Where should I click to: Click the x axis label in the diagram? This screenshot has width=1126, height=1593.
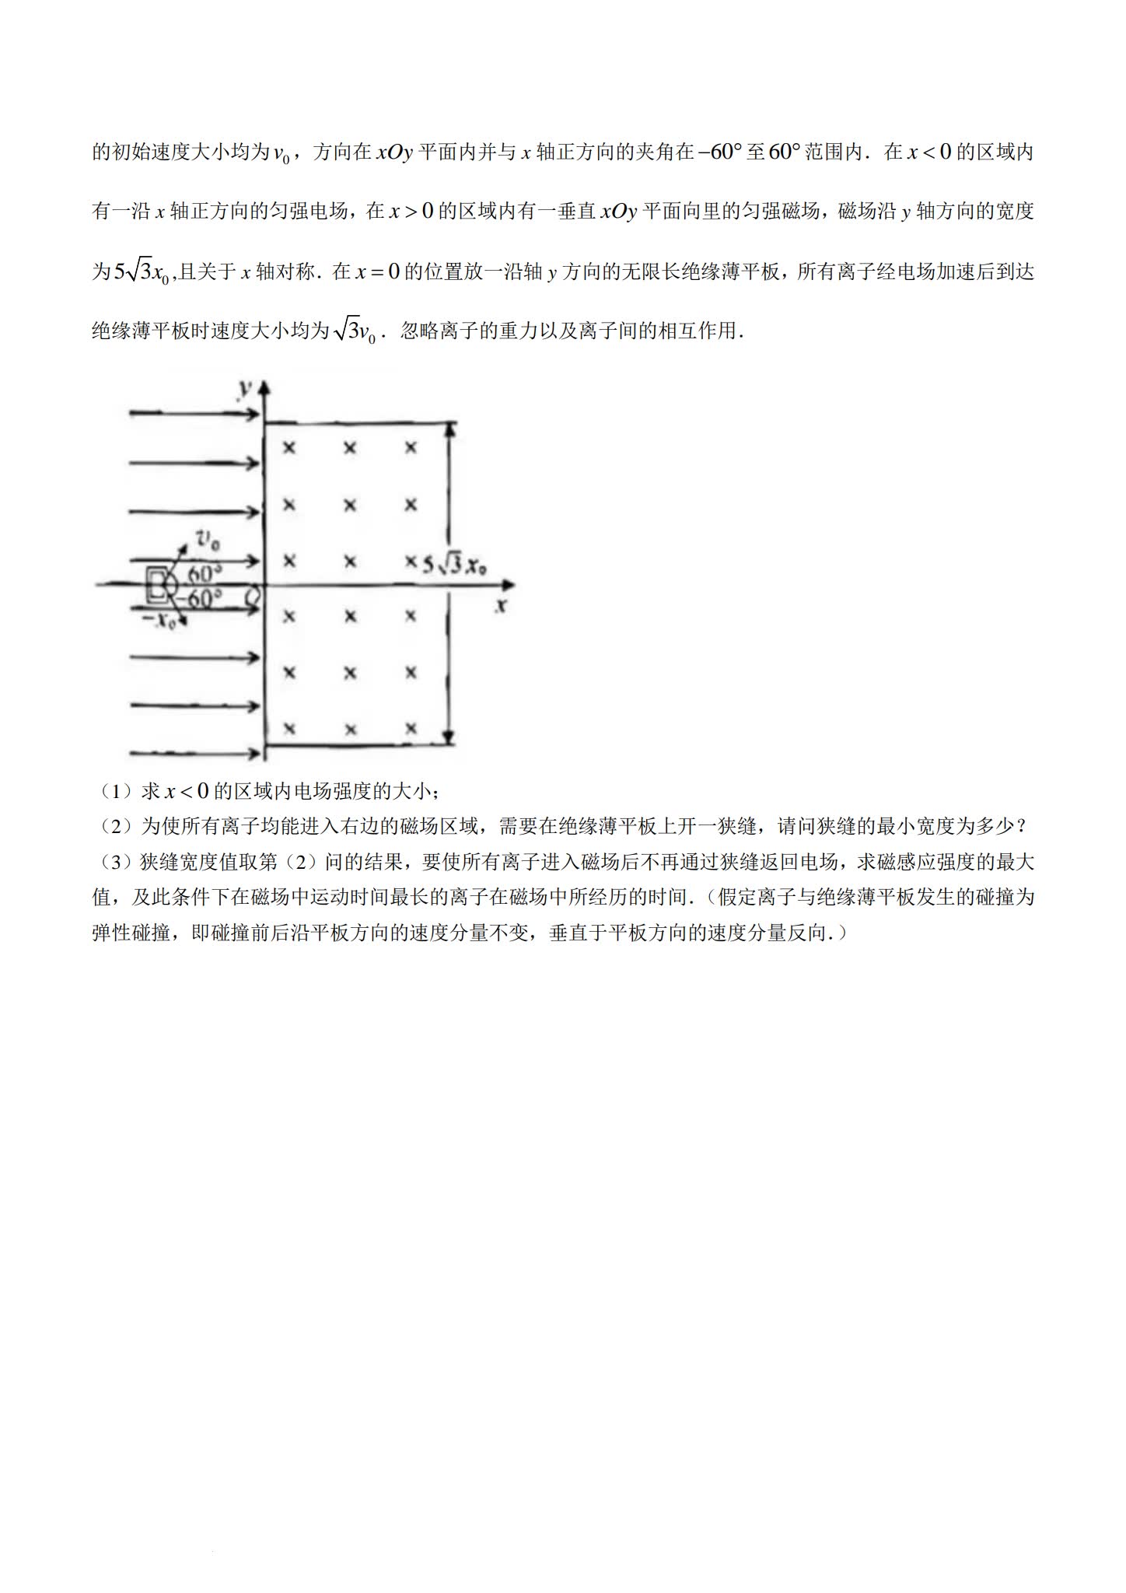pyautogui.click(x=502, y=606)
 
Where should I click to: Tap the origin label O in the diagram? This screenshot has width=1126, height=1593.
pyautogui.click(x=252, y=597)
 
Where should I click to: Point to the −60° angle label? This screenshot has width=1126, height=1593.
pyautogui.click(x=198, y=599)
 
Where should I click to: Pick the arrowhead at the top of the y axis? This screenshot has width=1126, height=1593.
pyautogui.click(x=266, y=387)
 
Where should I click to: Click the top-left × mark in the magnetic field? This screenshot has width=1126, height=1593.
pyautogui.click(x=289, y=448)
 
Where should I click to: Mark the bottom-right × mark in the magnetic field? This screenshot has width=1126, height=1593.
pyautogui.click(x=411, y=729)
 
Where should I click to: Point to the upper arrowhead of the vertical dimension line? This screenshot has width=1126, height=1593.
pyautogui.click(x=449, y=428)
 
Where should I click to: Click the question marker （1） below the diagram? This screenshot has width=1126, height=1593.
pyautogui.click(x=115, y=792)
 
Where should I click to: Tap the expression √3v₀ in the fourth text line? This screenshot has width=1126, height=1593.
pyautogui.click(x=355, y=331)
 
